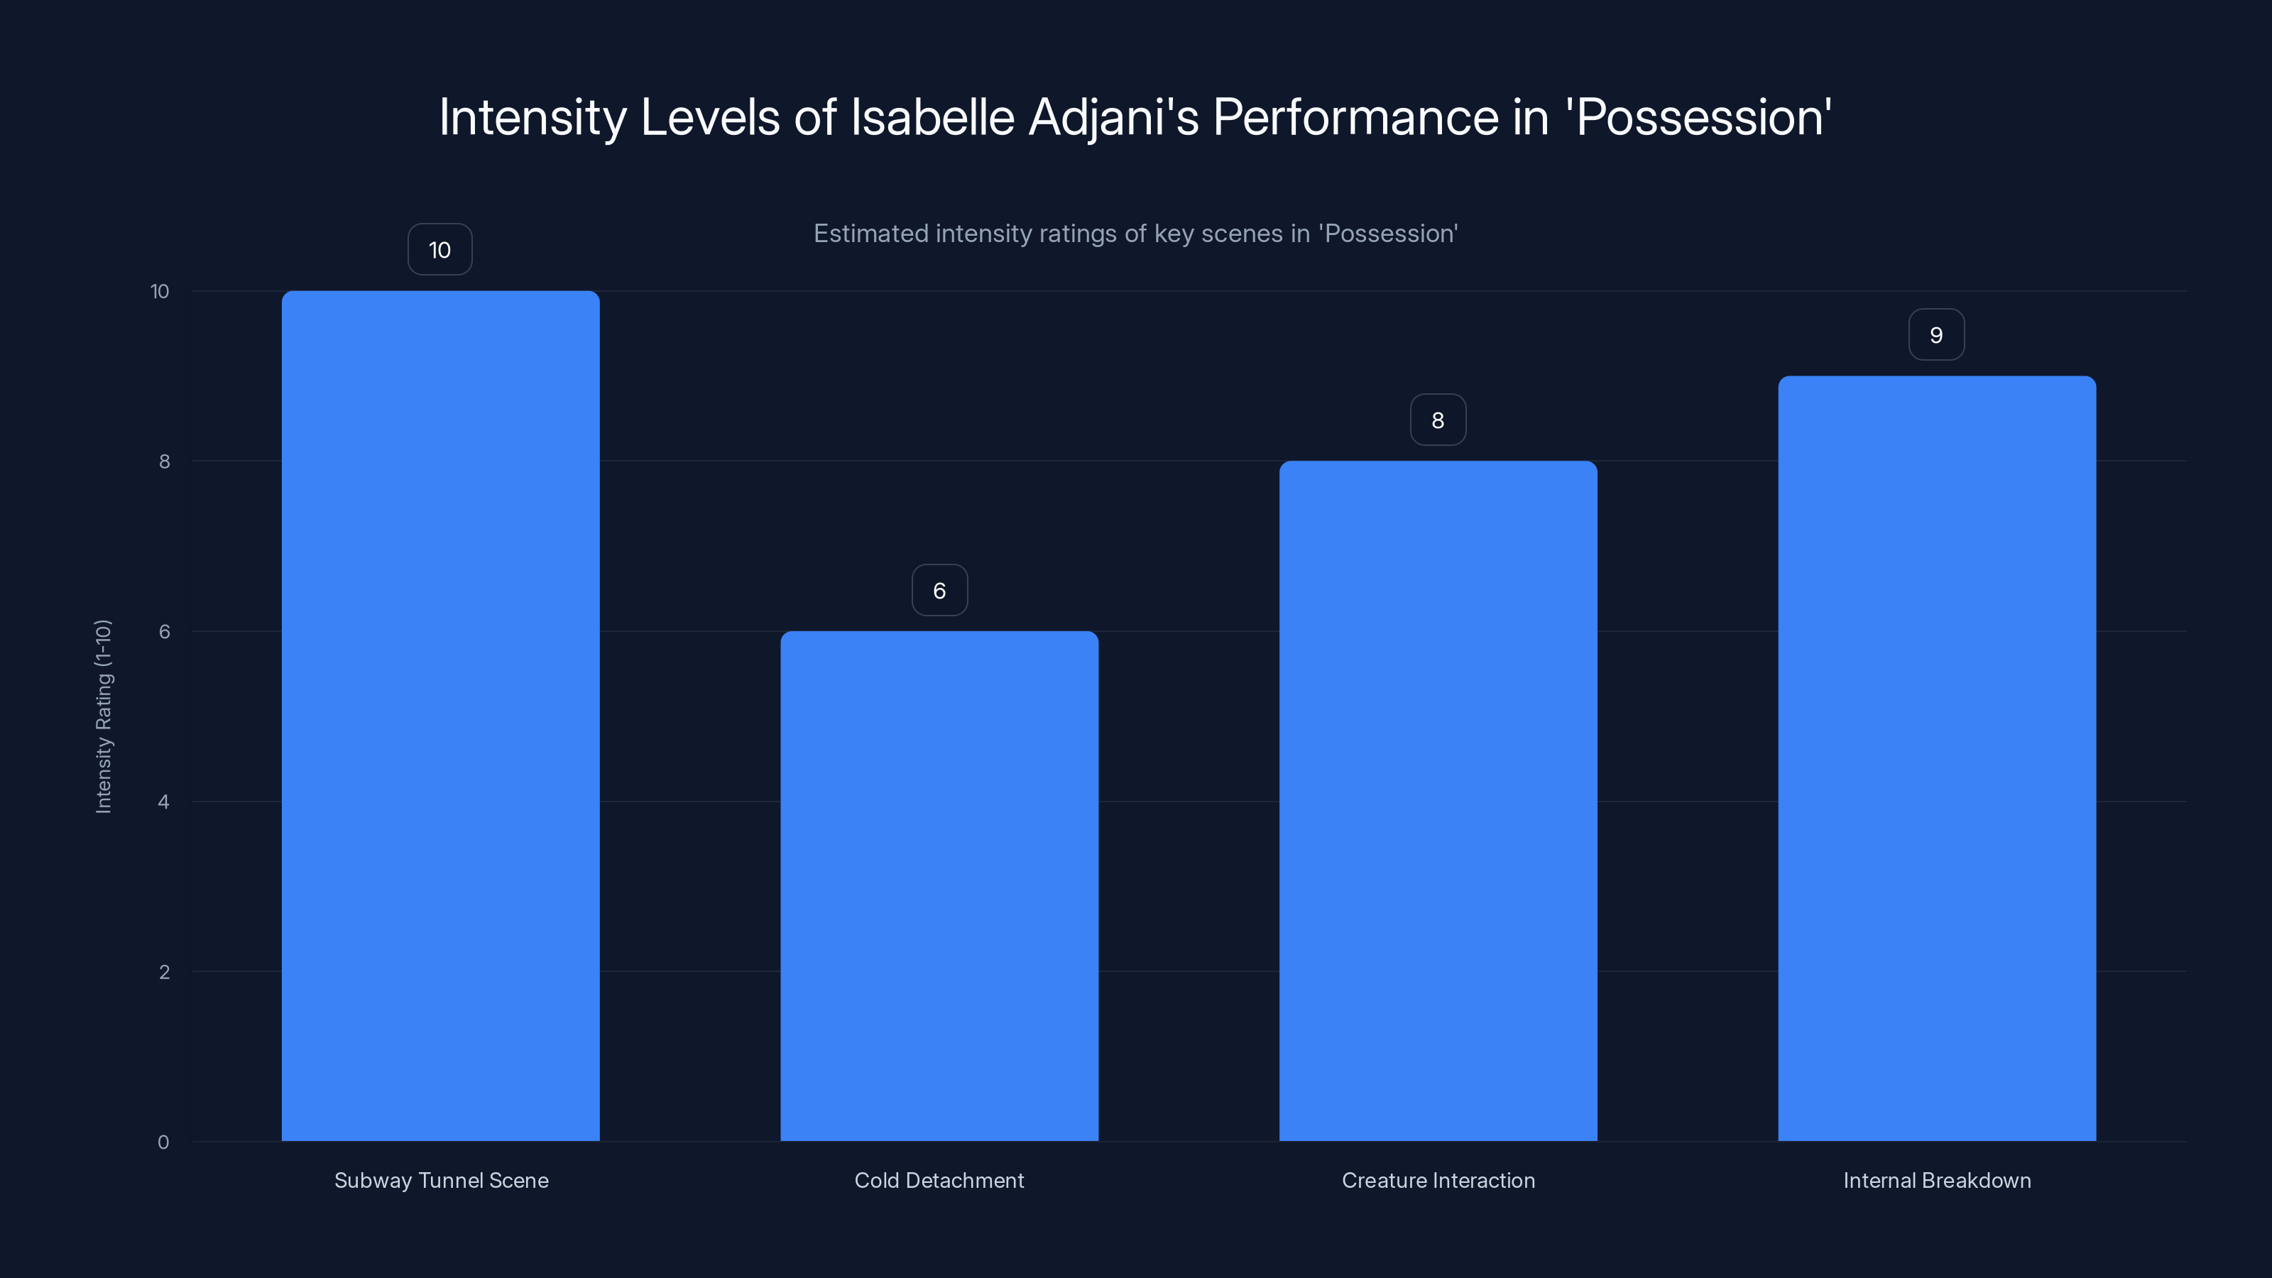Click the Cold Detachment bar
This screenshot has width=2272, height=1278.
click(939, 885)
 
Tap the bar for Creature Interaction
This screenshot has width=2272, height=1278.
click(1438, 801)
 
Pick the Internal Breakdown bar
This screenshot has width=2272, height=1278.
click(1936, 758)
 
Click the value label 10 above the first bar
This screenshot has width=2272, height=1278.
click(439, 250)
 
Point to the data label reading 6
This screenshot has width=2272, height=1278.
click(939, 590)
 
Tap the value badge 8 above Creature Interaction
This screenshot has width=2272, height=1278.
click(1438, 420)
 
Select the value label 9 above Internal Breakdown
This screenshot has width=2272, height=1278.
click(1936, 335)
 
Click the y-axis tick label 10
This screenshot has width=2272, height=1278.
click(160, 291)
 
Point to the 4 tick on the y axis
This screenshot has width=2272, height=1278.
click(163, 802)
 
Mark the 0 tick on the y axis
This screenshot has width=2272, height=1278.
click(163, 1142)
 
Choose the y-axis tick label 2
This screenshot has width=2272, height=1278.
click(164, 972)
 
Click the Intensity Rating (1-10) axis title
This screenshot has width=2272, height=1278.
click(103, 716)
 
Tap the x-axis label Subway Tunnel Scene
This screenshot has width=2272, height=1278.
click(441, 1180)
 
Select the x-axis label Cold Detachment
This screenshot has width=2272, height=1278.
click(939, 1180)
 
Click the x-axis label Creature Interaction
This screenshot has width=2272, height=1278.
click(1438, 1180)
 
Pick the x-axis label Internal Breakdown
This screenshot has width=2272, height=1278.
click(1937, 1180)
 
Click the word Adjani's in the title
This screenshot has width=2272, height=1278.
click(1113, 118)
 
